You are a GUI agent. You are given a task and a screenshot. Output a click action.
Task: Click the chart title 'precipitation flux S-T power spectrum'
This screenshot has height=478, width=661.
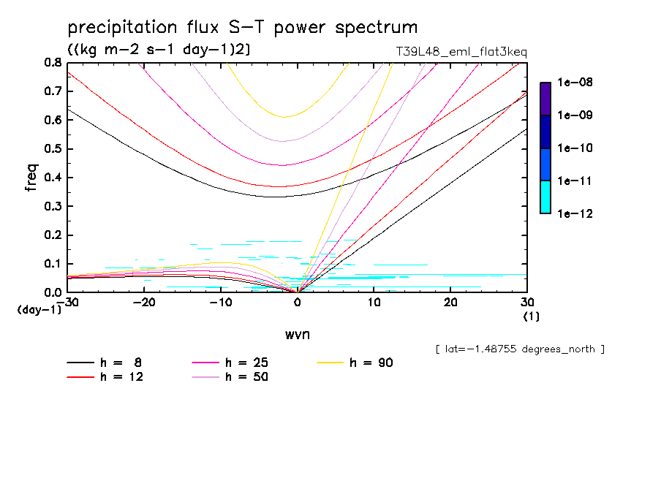pos(242,28)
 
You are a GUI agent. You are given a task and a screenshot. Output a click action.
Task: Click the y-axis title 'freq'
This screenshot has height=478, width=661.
pos(31,178)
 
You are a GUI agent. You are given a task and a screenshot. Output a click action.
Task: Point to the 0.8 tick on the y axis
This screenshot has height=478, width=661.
pos(53,63)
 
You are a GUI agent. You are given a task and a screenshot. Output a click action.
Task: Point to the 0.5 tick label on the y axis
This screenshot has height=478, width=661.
pos(53,149)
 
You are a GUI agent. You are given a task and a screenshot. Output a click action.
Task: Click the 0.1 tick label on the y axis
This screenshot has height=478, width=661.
pos(53,264)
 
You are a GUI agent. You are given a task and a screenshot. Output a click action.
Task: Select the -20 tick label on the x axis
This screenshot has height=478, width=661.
pos(144,303)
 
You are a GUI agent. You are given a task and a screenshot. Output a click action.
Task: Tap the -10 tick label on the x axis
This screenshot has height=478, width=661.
pos(220,303)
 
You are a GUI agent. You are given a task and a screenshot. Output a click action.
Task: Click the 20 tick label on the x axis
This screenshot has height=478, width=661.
pos(450,303)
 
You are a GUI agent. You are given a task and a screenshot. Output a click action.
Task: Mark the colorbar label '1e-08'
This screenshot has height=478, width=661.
pos(575,83)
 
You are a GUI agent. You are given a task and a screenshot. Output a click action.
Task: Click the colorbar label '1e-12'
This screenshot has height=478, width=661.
pos(575,213)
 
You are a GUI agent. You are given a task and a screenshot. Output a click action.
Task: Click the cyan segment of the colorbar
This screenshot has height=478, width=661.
pos(545,197)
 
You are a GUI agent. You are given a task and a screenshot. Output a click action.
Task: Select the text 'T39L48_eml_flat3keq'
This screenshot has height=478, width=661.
pos(460,52)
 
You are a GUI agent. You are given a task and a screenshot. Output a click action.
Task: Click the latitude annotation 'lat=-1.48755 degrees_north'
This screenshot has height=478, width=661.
pos(519,349)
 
